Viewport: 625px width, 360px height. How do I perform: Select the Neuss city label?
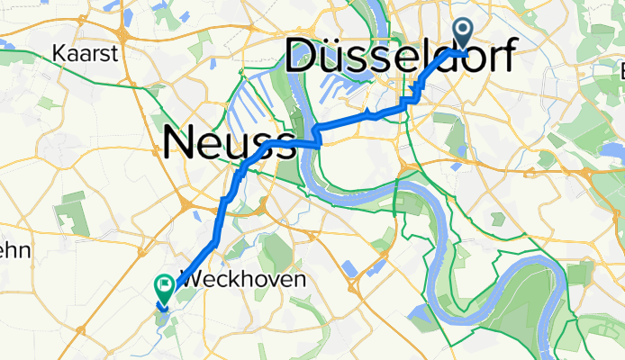(x=230, y=144)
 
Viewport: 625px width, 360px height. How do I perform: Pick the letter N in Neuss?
(x=180, y=144)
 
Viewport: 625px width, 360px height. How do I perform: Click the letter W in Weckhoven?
(x=191, y=280)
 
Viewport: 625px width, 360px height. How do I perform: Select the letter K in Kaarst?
(x=59, y=54)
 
